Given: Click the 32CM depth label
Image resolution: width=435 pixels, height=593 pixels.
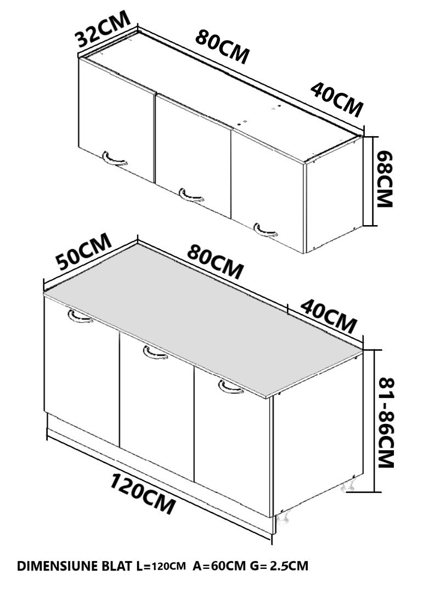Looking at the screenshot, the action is (x=103, y=29).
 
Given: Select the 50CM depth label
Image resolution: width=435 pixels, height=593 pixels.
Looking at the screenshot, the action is (x=84, y=251).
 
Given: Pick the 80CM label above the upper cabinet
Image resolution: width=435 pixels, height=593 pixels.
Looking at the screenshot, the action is (x=223, y=47).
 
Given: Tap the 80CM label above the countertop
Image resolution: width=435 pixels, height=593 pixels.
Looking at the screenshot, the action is (x=215, y=262).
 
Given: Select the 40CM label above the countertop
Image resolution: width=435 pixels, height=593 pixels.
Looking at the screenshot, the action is (x=329, y=316).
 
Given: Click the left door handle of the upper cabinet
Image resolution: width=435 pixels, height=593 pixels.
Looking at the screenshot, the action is (x=114, y=159).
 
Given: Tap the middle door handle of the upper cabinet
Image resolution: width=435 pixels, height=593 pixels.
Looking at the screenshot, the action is (x=191, y=195).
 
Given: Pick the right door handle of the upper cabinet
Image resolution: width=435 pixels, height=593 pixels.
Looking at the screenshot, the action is (x=265, y=230).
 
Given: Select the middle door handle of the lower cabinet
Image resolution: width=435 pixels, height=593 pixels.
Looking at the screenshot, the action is (x=155, y=353).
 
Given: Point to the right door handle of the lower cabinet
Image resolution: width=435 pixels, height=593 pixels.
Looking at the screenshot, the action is (x=230, y=387).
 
